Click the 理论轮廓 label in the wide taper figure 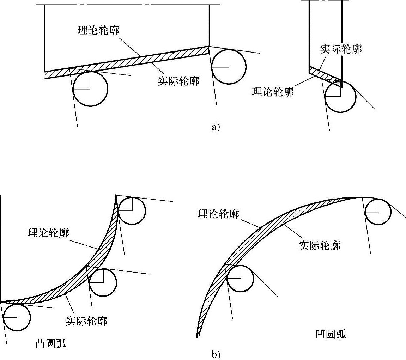(98, 30)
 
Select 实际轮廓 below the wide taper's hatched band (178, 81)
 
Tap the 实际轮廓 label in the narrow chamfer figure (341, 49)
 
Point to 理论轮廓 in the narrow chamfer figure (273, 92)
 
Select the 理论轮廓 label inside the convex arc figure (48, 233)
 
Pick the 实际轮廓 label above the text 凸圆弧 (86, 321)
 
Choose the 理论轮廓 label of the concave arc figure (219, 214)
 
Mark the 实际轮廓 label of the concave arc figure (320, 245)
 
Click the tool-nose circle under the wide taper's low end (90, 89)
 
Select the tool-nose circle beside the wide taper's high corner (229, 67)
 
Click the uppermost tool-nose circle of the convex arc (132, 211)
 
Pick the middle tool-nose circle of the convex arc (103, 282)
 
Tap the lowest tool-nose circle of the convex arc (17, 317)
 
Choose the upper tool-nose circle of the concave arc (378, 212)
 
